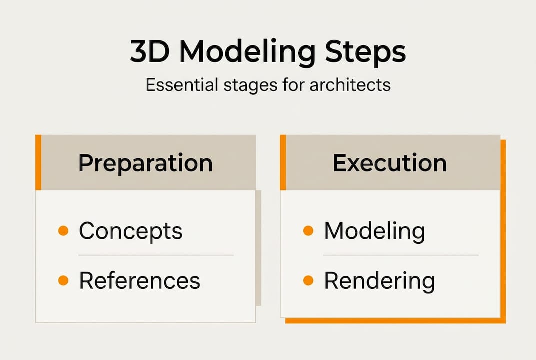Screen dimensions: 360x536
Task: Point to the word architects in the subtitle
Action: click(350, 85)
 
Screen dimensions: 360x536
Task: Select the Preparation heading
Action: click(145, 163)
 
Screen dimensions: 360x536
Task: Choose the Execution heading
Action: click(390, 163)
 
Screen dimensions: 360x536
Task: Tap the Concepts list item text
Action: click(130, 231)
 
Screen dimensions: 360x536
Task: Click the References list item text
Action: click(139, 281)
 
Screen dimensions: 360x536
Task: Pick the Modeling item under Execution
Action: click(374, 231)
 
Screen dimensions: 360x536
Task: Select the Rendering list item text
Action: click(379, 281)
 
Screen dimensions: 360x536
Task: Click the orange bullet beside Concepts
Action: click(63, 231)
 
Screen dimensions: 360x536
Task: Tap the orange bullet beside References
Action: click(63, 281)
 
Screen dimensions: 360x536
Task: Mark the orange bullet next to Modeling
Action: click(308, 231)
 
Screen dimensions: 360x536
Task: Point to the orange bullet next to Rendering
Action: click(308, 281)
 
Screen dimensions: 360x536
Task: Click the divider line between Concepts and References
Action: click(156, 255)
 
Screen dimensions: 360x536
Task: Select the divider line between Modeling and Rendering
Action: click(401, 255)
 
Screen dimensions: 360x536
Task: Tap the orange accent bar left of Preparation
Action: click(38, 162)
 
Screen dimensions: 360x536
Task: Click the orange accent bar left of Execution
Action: click(283, 162)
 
